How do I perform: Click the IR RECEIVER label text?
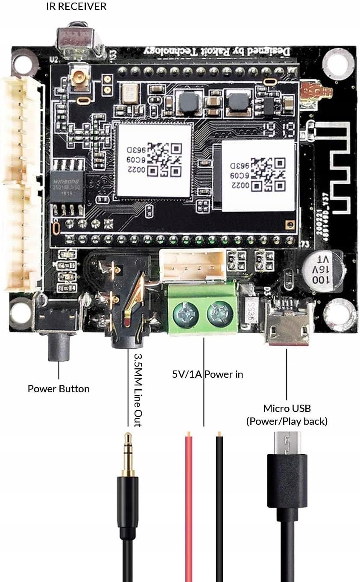(x=76, y=6)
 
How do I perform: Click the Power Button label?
(x=59, y=389)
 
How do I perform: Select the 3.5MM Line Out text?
(x=138, y=389)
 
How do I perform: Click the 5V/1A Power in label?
(x=208, y=374)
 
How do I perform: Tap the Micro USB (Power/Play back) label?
(x=287, y=414)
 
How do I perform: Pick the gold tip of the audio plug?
(x=128, y=453)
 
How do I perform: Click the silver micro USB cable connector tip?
(x=287, y=443)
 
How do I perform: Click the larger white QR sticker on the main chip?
(x=154, y=161)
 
